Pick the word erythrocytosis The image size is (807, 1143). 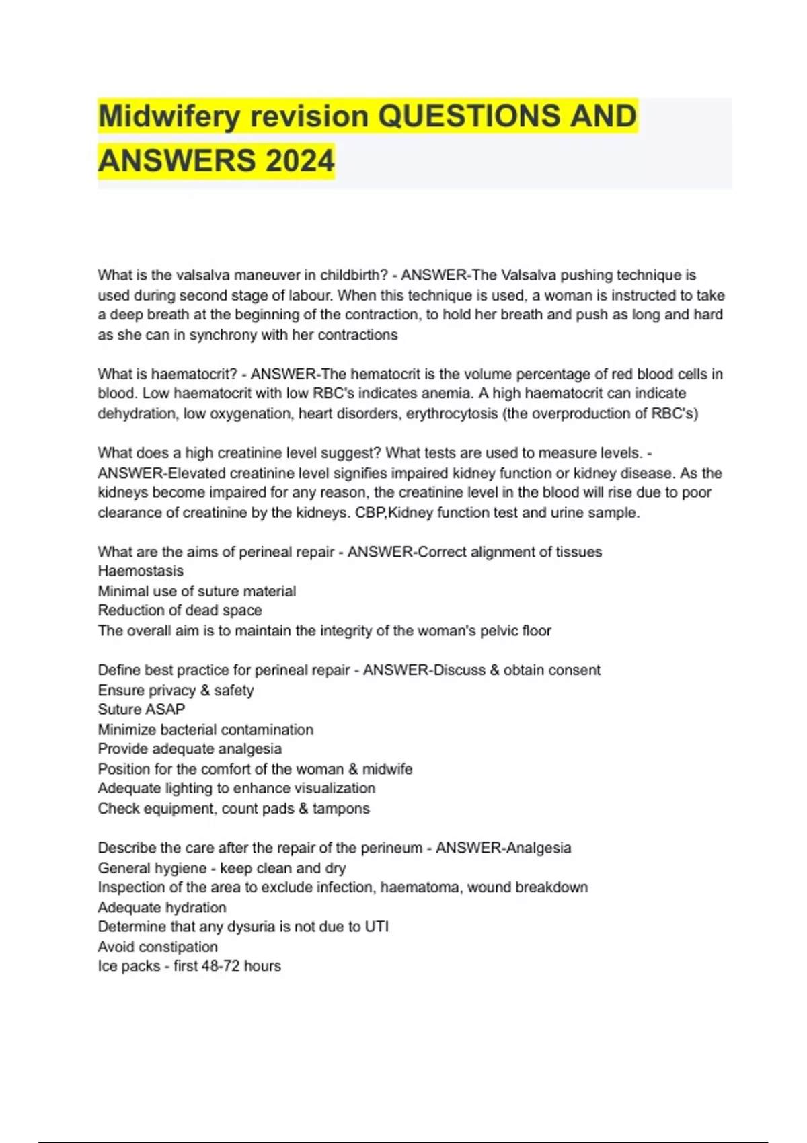[451, 413]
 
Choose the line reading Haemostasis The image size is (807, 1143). [141, 571]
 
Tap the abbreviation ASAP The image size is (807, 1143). [166, 709]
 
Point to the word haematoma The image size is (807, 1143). [421, 888]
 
